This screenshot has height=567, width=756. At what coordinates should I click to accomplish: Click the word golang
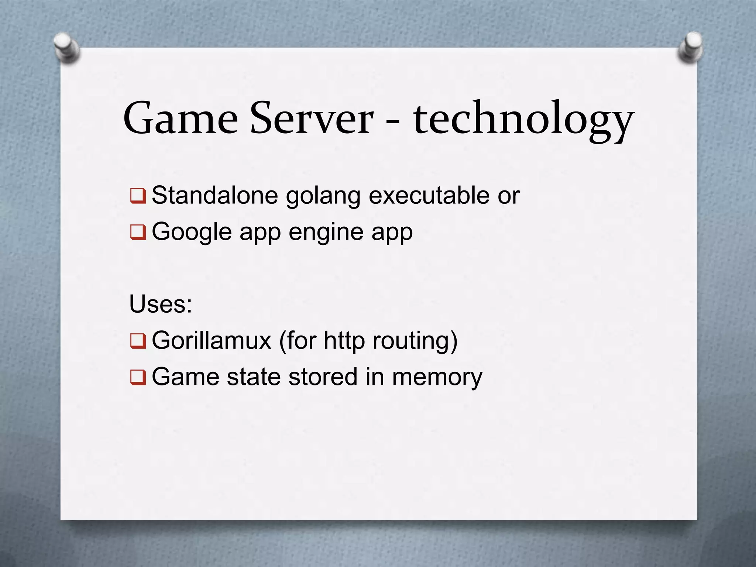click(323, 196)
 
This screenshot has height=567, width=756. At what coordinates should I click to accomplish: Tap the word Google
click(192, 232)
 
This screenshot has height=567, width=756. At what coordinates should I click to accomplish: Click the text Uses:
click(161, 305)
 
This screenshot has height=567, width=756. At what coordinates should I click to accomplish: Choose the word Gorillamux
click(212, 340)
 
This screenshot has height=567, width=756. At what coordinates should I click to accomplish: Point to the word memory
click(437, 377)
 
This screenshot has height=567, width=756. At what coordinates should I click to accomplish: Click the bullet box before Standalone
click(138, 196)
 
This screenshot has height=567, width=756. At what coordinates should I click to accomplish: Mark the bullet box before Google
click(138, 232)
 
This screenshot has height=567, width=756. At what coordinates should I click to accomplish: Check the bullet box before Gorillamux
click(138, 341)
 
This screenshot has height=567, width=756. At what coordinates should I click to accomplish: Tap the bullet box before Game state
click(138, 377)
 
